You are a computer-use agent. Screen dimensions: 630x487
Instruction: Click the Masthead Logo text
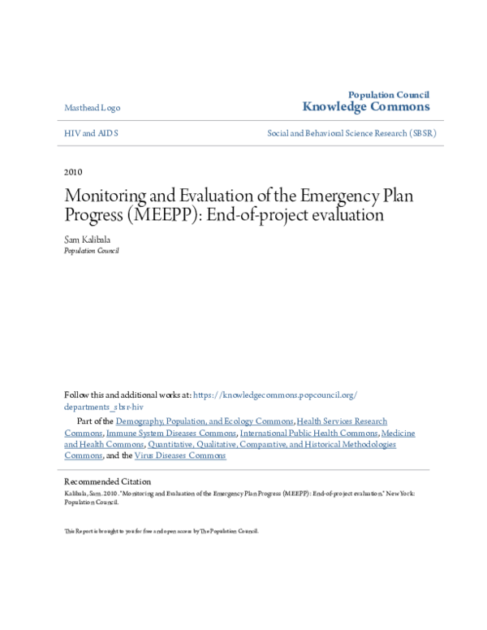click(x=92, y=108)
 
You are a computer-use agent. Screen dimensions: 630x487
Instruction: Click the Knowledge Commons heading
click(x=366, y=106)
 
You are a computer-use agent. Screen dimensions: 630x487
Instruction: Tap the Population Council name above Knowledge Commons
click(x=389, y=95)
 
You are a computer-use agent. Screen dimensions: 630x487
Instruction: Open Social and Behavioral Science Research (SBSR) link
click(x=351, y=132)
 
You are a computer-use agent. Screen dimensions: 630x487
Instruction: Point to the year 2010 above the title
click(x=73, y=171)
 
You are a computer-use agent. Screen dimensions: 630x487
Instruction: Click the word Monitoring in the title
click(x=108, y=197)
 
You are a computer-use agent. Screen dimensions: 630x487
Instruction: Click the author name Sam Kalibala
click(x=88, y=240)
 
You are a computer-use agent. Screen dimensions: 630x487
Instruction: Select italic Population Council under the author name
click(x=91, y=251)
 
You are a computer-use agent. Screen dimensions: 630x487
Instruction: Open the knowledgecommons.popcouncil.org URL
click(x=275, y=395)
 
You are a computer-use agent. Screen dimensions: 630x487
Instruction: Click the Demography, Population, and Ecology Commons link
click(x=205, y=421)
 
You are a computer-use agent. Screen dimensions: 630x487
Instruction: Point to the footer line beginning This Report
click(x=161, y=531)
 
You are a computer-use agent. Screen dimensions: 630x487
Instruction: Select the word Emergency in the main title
click(x=319, y=197)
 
